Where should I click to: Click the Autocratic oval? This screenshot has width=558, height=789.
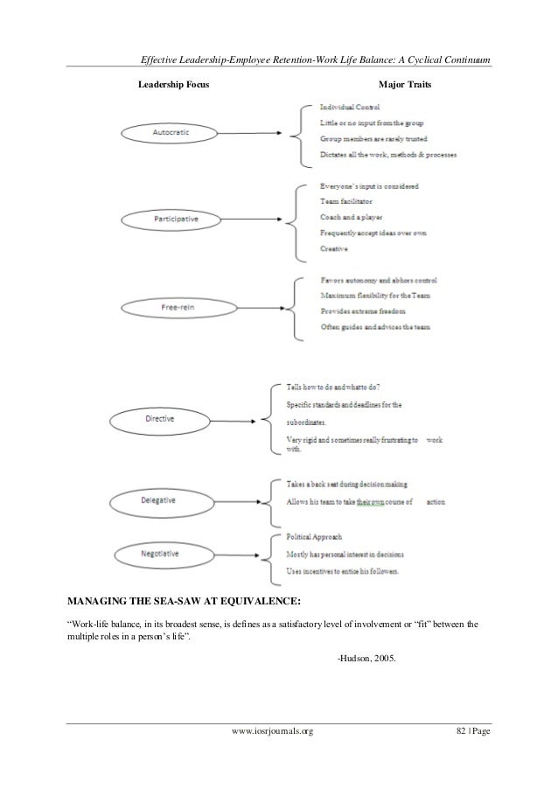point(171,133)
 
